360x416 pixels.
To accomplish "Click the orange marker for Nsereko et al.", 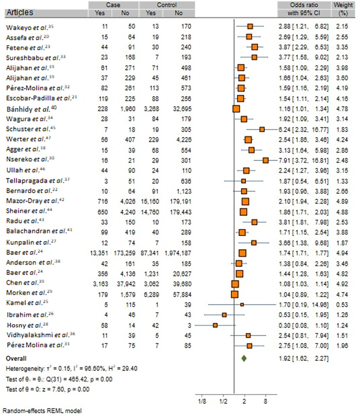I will [266, 160].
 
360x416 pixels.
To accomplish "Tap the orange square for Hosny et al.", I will [215, 325].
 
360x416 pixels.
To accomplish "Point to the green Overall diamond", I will [244, 358].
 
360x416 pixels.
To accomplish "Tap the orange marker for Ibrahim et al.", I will [224, 314].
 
